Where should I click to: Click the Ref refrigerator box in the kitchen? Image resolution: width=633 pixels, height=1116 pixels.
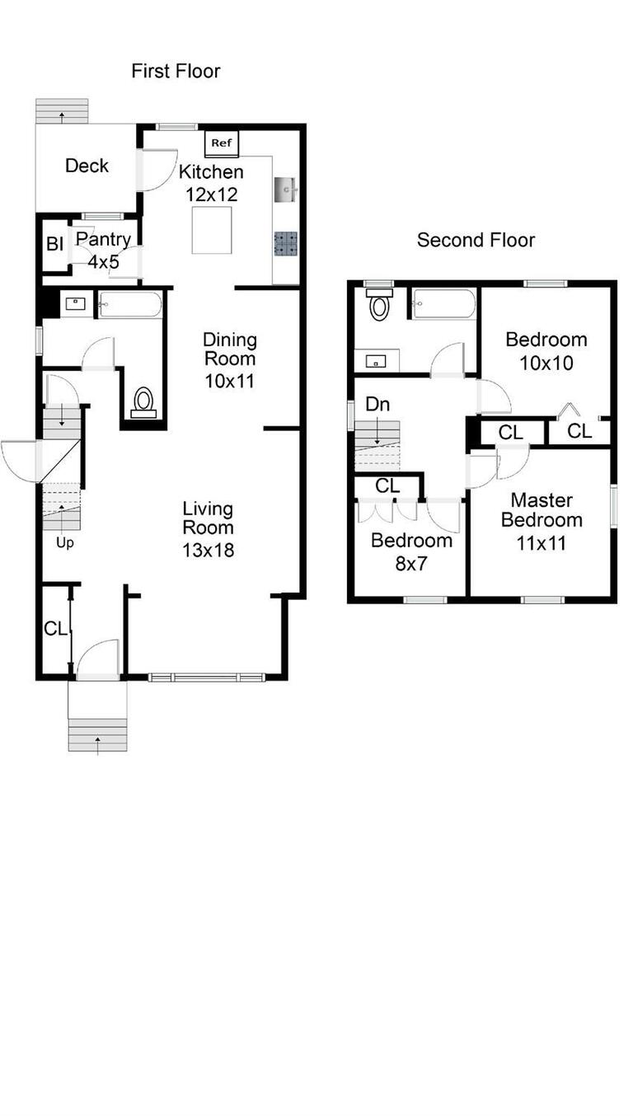click(222, 143)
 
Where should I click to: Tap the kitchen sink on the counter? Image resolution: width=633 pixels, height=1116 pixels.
click(286, 190)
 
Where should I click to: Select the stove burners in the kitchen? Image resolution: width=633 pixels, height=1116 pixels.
click(285, 244)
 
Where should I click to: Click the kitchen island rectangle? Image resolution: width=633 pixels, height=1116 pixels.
click(212, 230)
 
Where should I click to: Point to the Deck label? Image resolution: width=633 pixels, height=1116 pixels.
click(87, 166)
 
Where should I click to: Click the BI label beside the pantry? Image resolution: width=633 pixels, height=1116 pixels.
click(54, 244)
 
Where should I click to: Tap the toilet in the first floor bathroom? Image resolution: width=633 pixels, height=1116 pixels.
click(144, 402)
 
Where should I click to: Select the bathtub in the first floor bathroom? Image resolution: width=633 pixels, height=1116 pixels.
click(130, 304)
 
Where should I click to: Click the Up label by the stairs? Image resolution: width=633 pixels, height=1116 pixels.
click(65, 542)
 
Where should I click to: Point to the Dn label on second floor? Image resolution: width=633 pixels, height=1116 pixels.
click(377, 404)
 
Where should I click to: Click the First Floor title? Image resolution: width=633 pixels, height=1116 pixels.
click(176, 71)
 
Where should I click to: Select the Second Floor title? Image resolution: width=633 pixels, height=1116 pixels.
click(476, 240)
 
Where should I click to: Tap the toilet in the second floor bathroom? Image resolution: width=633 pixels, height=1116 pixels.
click(379, 304)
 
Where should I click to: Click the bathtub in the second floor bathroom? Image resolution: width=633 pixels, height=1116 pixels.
click(443, 303)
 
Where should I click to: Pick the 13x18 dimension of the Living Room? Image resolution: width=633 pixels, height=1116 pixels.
click(208, 550)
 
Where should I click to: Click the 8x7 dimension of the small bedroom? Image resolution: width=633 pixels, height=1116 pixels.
click(411, 564)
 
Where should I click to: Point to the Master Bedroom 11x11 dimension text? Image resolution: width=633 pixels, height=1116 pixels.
click(541, 543)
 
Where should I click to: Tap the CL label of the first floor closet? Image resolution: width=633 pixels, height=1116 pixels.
click(55, 629)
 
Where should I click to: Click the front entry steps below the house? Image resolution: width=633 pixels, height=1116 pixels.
click(97, 735)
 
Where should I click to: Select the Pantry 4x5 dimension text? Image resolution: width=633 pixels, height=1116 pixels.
click(104, 261)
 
